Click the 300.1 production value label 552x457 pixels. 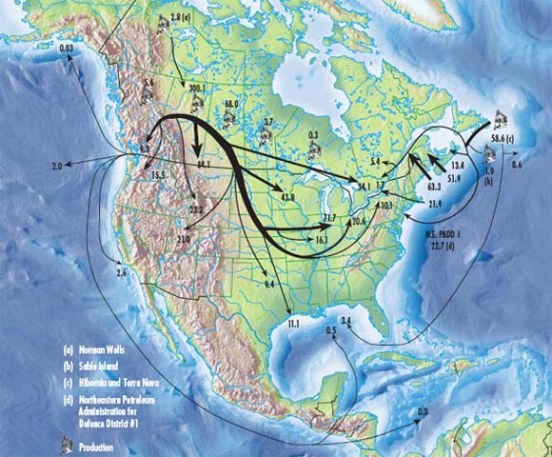[198, 88]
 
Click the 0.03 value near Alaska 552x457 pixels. [67, 47]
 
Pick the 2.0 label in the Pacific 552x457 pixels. [56, 166]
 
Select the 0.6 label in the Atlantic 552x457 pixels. [517, 166]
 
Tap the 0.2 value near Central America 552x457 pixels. [423, 410]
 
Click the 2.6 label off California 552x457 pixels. [121, 273]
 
